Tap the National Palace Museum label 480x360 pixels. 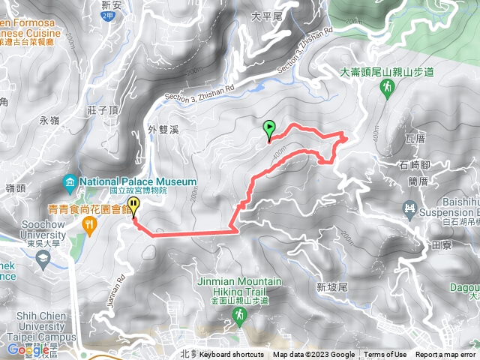tap(137, 181)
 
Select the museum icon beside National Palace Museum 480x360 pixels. tap(70, 182)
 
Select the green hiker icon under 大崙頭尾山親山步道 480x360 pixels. tap(386, 88)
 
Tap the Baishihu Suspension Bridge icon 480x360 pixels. tap(409, 208)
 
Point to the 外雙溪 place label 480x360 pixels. tap(163, 130)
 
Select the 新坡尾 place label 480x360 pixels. tap(331, 286)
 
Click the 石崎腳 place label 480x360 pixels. tap(414, 164)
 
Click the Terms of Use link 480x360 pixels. tap(385, 355)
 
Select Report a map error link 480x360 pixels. tap(445, 355)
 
